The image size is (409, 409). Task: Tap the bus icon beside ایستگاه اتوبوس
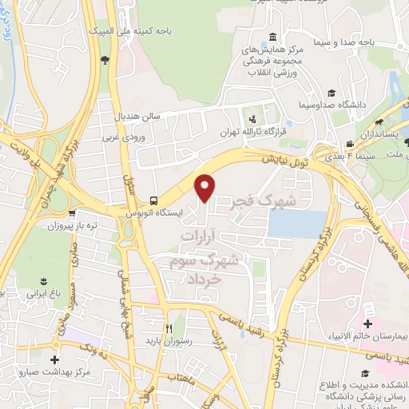coord(153,201)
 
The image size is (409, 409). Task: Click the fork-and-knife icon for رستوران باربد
coord(169,328)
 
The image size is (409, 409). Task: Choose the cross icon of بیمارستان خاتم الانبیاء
coord(367,324)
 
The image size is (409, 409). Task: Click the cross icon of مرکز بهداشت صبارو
coord(54,359)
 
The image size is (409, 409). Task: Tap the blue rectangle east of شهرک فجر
coord(297,224)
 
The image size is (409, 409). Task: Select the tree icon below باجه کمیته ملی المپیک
coord(105,60)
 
